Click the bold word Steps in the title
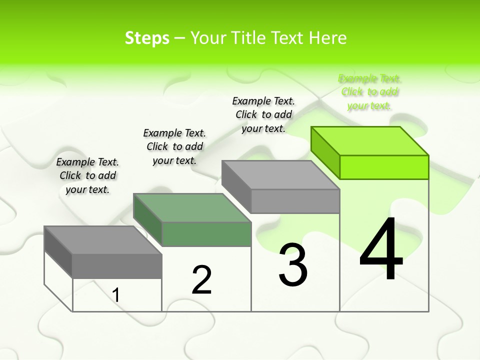click(x=147, y=38)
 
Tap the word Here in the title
click(x=328, y=38)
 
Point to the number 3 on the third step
click(x=293, y=265)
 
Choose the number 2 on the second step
click(x=202, y=280)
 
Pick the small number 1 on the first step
click(x=116, y=295)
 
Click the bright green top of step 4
click(x=370, y=140)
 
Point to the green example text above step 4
click(x=370, y=92)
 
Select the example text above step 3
click(x=263, y=114)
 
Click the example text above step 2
click(x=174, y=146)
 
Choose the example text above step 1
click(x=87, y=175)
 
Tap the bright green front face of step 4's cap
click(x=384, y=167)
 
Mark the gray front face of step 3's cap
click(x=295, y=201)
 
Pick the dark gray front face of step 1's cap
click(x=117, y=266)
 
